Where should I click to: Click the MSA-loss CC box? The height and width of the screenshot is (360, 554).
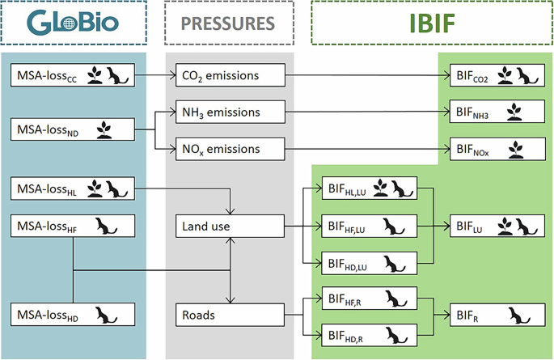(73, 76)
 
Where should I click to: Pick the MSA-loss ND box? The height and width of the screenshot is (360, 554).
(73, 129)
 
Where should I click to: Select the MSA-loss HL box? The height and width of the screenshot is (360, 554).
(73, 190)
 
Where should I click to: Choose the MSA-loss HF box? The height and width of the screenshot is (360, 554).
(73, 227)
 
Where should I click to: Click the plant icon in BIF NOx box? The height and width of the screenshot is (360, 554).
(513, 149)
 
